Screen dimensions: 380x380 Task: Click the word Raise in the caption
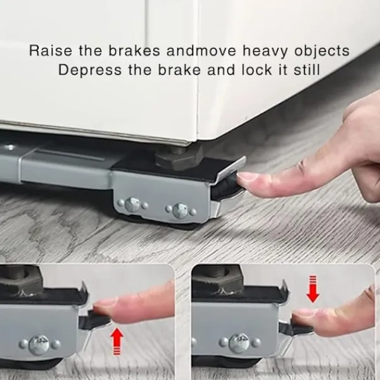point(51,51)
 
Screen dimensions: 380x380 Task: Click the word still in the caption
point(307,70)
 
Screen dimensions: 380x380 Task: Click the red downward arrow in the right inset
point(313,289)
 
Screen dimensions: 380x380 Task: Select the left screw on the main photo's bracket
point(132,204)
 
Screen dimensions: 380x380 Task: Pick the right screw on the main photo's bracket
point(180,210)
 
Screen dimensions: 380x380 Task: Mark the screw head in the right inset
point(239,343)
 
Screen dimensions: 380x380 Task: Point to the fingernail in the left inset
point(104,303)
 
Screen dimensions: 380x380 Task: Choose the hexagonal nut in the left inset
point(21,279)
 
